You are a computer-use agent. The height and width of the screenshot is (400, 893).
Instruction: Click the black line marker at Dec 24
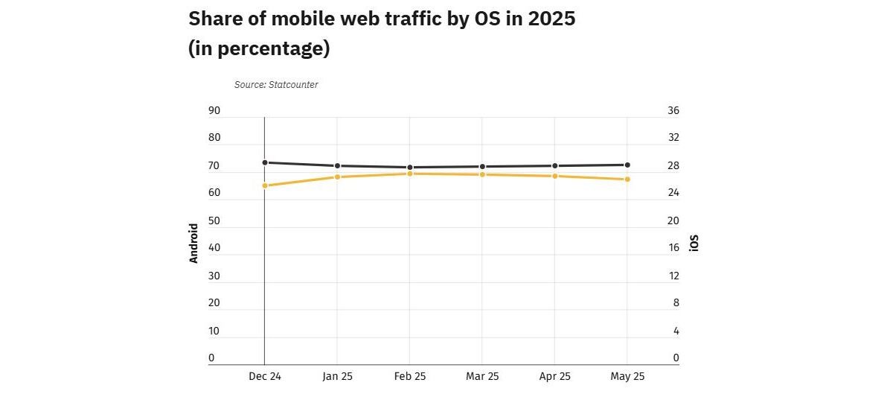265,162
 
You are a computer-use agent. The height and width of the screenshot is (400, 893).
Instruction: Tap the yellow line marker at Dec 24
265,185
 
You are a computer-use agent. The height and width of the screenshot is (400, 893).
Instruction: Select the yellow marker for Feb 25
410,174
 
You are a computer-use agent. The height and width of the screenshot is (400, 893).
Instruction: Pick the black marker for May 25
627,165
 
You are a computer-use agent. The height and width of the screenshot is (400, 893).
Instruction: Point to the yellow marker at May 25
627,179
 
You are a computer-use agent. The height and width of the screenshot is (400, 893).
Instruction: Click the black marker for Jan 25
337,165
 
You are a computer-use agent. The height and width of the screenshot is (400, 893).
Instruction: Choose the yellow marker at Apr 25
555,176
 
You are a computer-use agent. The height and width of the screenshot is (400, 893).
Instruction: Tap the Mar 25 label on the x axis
482,377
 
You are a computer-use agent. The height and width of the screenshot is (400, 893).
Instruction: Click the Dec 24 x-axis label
265,377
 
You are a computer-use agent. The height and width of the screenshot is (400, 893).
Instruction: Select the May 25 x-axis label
627,377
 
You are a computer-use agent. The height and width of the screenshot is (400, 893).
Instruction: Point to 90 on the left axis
214,111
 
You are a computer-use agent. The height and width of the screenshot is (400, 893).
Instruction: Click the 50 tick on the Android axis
214,221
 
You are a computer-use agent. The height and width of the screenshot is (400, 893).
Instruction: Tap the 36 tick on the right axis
673,111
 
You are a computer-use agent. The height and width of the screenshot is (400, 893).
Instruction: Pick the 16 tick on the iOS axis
673,248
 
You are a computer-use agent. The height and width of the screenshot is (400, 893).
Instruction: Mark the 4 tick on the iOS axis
676,331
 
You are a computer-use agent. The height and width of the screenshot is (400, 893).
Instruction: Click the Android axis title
194,243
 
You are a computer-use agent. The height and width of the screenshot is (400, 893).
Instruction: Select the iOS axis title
694,243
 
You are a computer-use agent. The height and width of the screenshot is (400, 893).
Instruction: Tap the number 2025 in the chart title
551,19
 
